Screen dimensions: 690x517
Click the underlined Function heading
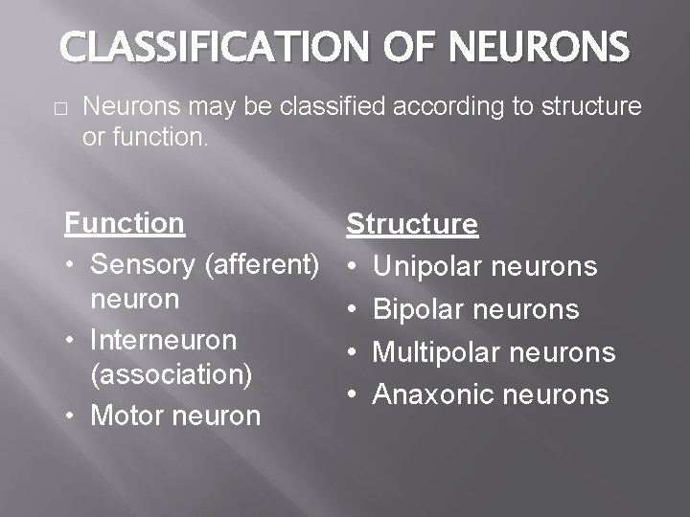(x=125, y=223)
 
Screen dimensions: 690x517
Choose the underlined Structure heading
(x=412, y=224)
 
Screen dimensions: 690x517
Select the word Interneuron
(x=163, y=339)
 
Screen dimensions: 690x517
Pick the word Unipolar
(x=427, y=266)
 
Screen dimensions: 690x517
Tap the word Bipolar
(x=418, y=309)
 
